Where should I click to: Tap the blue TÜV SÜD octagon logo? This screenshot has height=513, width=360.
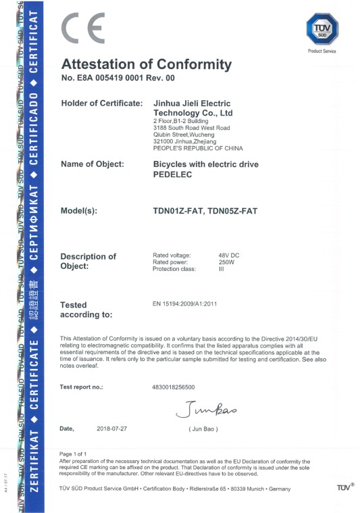(x=322, y=29)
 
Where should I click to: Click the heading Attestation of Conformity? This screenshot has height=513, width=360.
(x=146, y=65)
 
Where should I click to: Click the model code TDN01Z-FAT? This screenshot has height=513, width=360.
(x=179, y=211)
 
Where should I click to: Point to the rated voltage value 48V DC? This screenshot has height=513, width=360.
(x=229, y=255)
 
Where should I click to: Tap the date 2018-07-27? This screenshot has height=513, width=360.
(x=112, y=429)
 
